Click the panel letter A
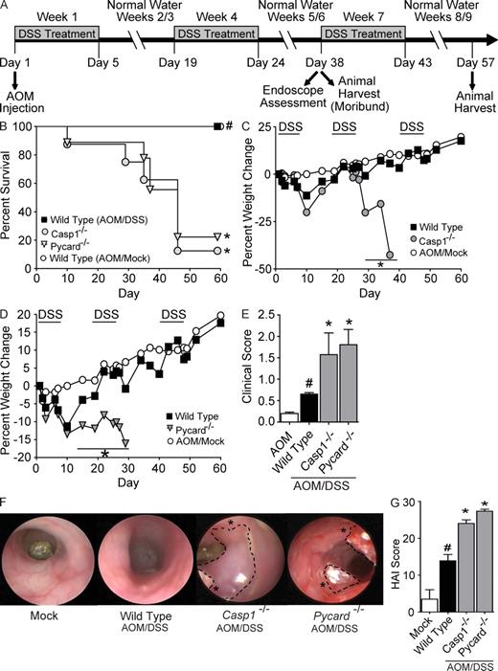click(7, 8)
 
